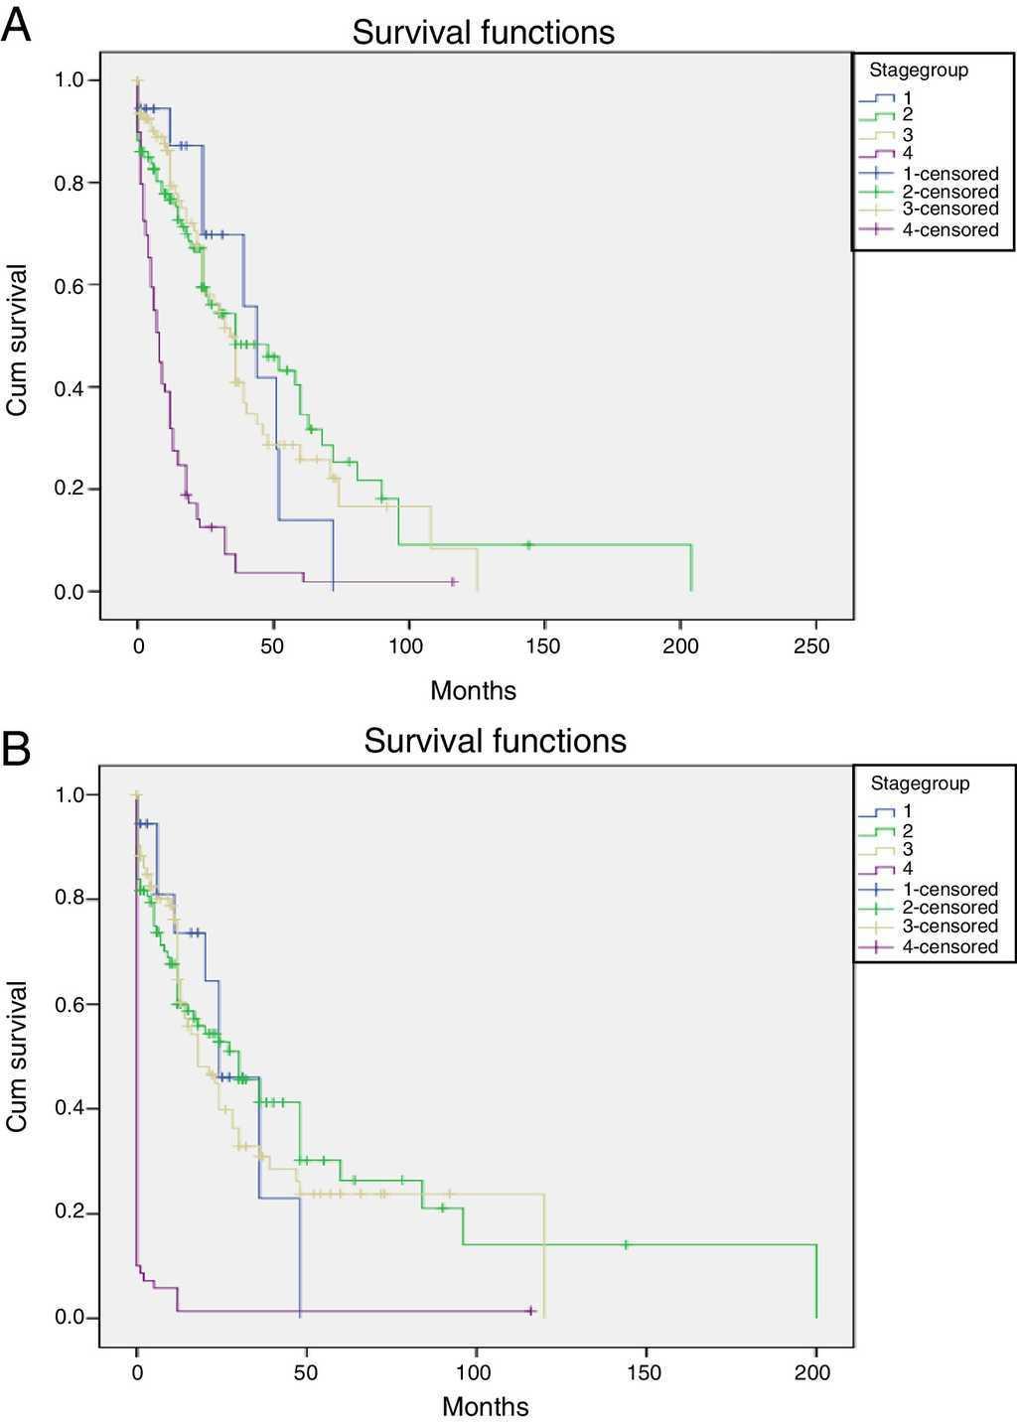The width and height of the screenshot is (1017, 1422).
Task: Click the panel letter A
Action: point(16,26)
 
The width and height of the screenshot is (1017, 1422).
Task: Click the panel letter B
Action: point(16,750)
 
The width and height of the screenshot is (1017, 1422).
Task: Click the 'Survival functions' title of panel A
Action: point(483,33)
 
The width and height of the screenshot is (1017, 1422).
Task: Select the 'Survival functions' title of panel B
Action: point(495,741)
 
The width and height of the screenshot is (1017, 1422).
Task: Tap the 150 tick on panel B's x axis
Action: point(646,1373)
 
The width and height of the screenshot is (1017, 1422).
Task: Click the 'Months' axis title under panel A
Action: point(473,690)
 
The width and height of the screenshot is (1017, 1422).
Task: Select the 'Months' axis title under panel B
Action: point(485,1406)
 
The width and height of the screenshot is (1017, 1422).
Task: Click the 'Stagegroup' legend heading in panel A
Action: point(919,71)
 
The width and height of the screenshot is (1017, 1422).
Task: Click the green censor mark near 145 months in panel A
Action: point(529,544)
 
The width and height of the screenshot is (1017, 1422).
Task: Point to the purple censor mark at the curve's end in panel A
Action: point(453,581)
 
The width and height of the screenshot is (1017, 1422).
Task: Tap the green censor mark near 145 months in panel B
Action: point(627,1244)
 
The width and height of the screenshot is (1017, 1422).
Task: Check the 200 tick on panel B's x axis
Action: point(814,1373)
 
